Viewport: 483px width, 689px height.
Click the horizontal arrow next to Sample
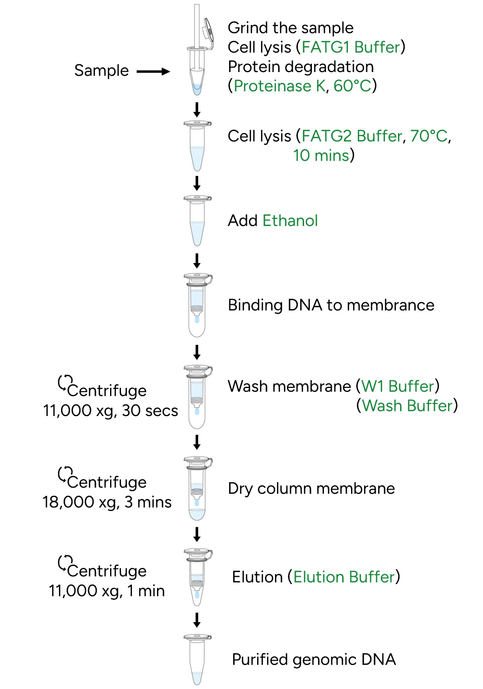tap(153, 72)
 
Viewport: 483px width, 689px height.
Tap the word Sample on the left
tap(101, 70)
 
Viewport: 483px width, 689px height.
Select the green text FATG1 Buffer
tap(351, 47)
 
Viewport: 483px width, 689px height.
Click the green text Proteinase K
tap(280, 86)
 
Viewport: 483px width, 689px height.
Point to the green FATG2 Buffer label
tap(352, 136)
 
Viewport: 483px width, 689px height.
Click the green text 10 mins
tap(321, 156)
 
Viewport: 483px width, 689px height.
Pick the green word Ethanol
tap(290, 221)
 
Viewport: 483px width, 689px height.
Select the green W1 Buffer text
tap(398, 386)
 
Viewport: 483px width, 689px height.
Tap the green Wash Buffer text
tap(407, 406)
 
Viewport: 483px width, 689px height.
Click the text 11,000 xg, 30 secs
tap(111, 411)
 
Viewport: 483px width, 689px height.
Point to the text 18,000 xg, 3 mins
tap(107, 503)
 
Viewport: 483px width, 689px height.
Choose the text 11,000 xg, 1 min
tap(107, 591)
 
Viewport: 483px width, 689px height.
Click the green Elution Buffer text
tap(344, 577)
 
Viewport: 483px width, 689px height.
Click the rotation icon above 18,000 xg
tap(65, 474)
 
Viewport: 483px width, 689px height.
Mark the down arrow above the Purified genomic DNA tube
tap(197, 620)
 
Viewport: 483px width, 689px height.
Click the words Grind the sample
tap(291, 28)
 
